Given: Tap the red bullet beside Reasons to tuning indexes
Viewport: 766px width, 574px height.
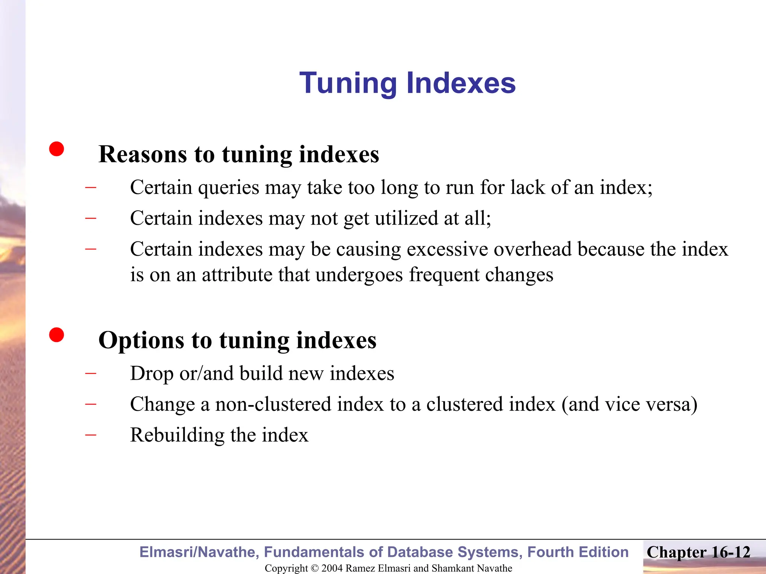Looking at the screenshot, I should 56,149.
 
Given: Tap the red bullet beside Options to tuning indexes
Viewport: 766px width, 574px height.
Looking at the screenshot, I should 56,334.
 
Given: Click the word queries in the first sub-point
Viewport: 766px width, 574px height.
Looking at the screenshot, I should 229,188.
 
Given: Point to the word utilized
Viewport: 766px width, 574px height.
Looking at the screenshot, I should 406,218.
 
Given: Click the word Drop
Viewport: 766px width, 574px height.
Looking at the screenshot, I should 152,373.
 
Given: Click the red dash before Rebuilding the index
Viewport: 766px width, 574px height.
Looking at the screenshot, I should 91,435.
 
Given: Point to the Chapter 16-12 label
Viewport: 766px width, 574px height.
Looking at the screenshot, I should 698,552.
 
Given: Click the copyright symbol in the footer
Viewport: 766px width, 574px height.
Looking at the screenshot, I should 315,568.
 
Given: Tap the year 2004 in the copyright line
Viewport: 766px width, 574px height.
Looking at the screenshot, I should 332,568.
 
